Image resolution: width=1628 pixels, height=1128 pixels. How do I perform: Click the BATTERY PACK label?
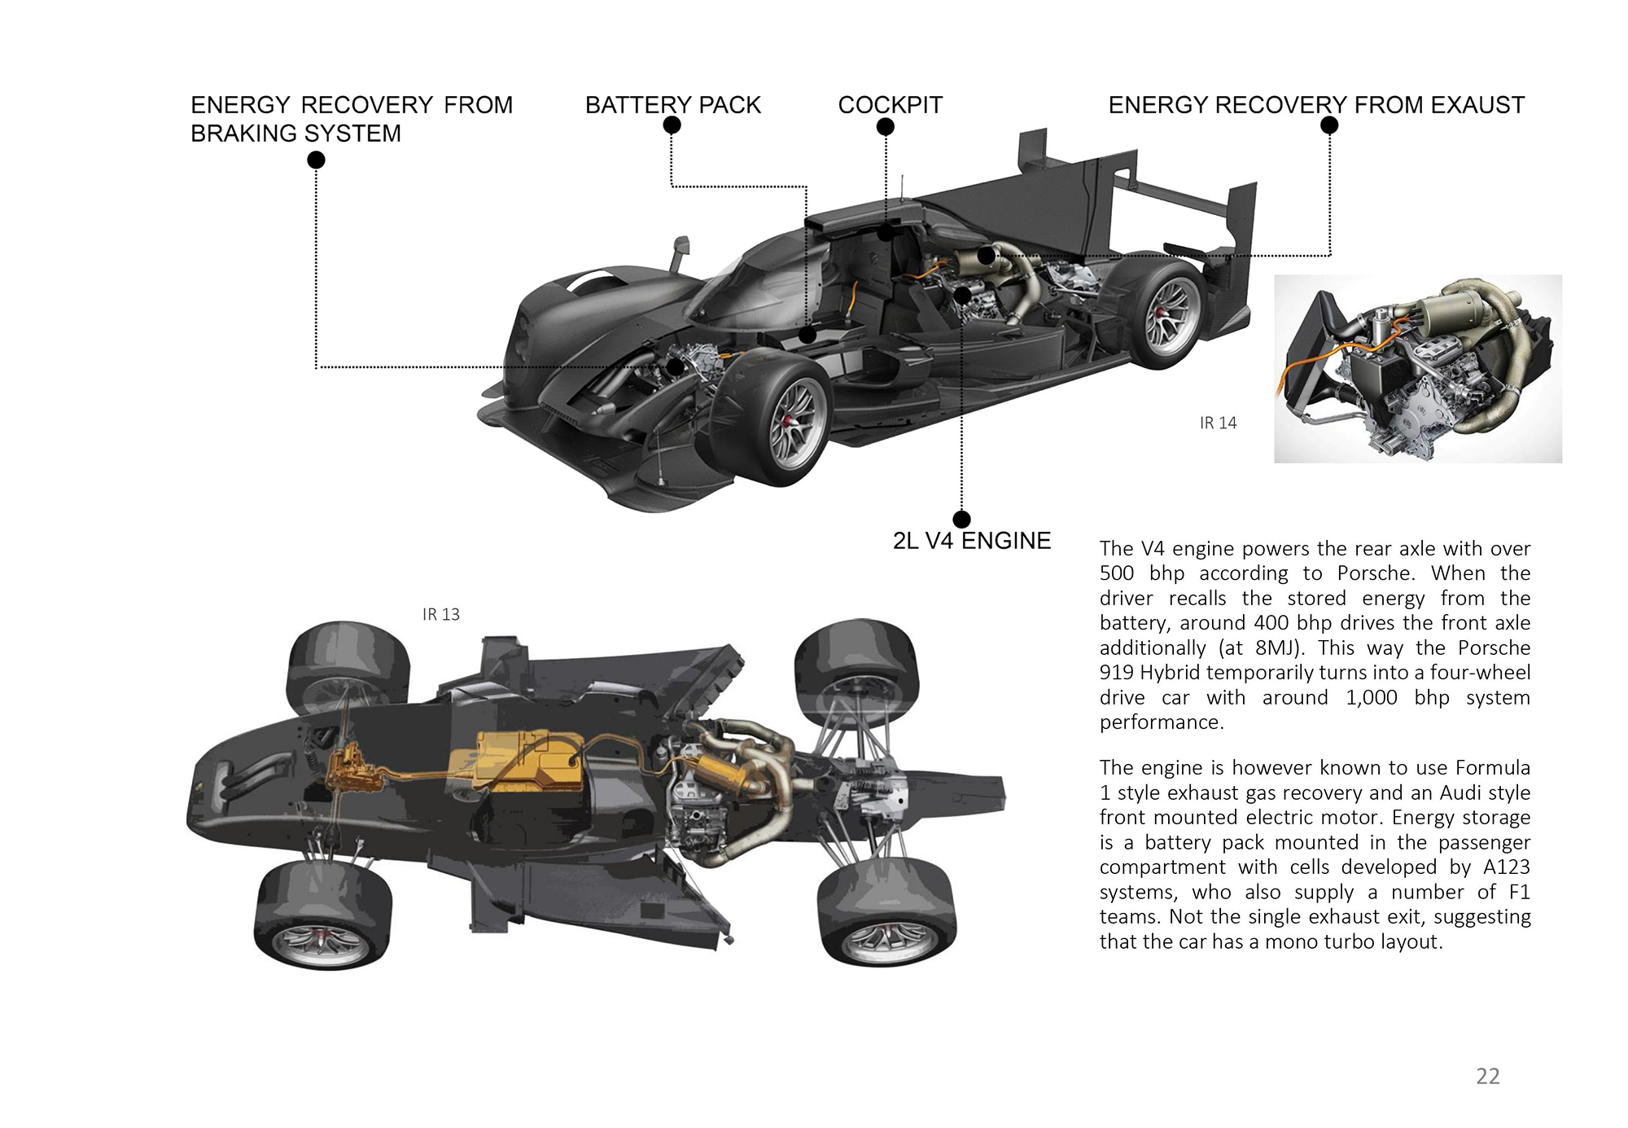[x=672, y=105]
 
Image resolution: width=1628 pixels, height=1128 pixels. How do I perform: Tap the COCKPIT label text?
[x=890, y=105]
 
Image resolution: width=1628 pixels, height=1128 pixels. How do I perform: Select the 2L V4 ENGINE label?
[x=971, y=541]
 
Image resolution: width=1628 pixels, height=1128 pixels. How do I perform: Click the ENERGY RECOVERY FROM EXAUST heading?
[x=1315, y=105]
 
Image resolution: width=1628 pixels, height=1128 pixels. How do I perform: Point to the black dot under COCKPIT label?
[x=886, y=127]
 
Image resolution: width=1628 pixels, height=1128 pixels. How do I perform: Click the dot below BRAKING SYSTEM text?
[x=316, y=160]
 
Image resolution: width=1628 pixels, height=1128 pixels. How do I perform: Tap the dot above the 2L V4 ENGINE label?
[x=961, y=520]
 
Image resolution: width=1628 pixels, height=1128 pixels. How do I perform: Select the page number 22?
[x=1487, y=1076]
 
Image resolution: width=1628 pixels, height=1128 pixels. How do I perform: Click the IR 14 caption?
[x=1218, y=423]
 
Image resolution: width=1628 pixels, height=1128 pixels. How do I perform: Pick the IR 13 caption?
[x=440, y=615]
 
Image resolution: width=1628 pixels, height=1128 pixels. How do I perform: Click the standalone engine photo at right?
[x=1417, y=369]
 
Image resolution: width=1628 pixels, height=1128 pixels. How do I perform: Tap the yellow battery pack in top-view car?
[x=521, y=762]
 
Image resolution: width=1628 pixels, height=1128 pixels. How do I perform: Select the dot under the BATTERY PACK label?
[x=672, y=125]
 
